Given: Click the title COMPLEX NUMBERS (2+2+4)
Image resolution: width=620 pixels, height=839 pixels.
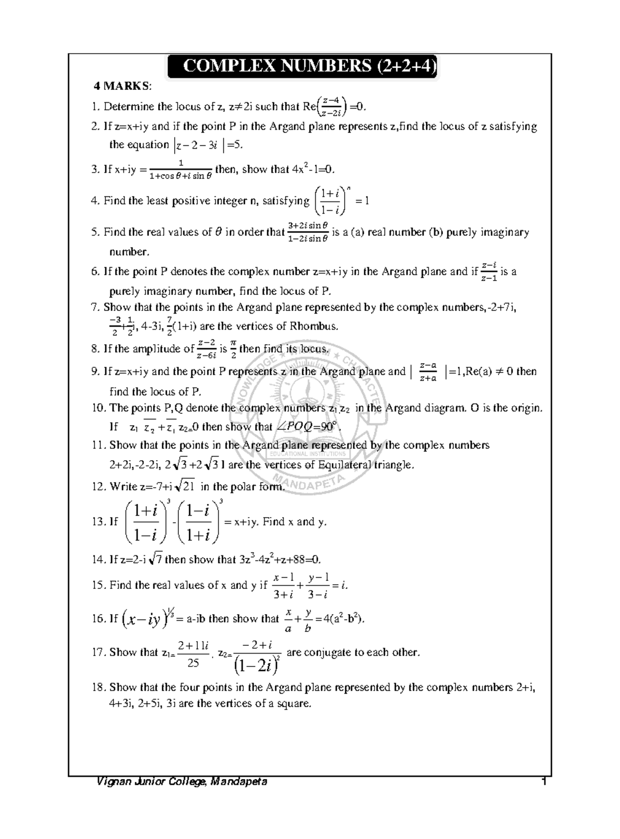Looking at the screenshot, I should click(x=302, y=66).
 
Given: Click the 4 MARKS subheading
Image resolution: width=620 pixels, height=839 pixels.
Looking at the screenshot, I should click(x=119, y=85).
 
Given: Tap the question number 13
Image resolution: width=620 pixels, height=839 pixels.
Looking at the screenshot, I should click(x=98, y=522).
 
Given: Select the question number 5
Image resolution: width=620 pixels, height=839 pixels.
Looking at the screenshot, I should click(x=95, y=232).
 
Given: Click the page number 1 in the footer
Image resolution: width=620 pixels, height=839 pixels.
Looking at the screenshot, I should click(x=543, y=782).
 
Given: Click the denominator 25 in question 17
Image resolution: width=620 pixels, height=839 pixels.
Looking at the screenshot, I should click(x=193, y=663).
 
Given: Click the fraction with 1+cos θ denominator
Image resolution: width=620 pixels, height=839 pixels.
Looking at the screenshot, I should click(x=180, y=170).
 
